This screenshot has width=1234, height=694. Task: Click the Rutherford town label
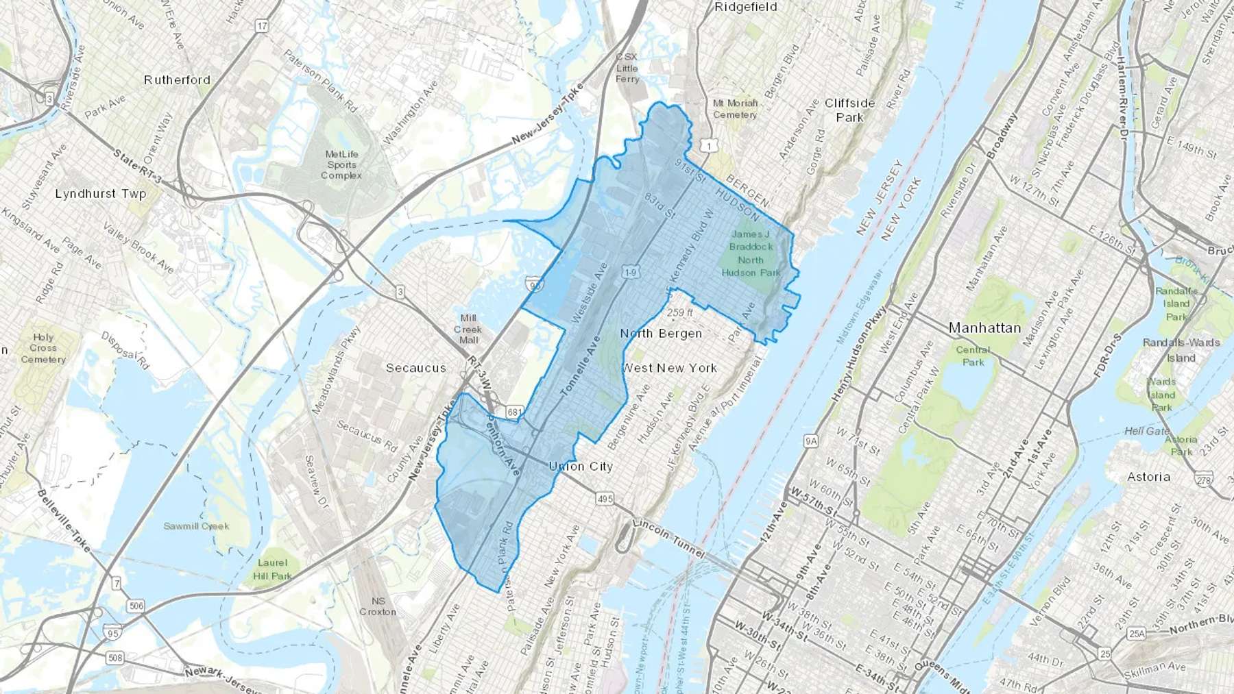click(x=177, y=80)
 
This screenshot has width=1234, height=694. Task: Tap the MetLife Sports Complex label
click(x=341, y=165)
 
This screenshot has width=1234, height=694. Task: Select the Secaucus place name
click(x=415, y=368)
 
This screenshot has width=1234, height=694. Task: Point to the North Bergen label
click(x=661, y=334)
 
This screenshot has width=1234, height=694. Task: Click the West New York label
click(x=670, y=368)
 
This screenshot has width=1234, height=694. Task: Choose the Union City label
click(x=581, y=467)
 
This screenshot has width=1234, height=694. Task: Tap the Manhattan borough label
click(x=984, y=328)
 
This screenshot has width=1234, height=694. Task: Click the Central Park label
click(x=973, y=356)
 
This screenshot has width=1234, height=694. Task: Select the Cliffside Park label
click(x=849, y=110)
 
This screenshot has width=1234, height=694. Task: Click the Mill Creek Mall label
click(x=468, y=329)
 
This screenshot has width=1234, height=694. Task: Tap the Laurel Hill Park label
click(x=272, y=569)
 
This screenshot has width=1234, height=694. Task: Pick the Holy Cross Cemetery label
click(x=43, y=348)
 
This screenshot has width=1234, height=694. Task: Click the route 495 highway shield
click(x=605, y=499)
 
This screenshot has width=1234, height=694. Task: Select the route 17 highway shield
click(x=261, y=26)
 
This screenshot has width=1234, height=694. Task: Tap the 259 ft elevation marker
click(x=679, y=312)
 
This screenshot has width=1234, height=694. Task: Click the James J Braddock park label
click(x=751, y=253)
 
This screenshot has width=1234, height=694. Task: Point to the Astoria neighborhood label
click(x=1148, y=477)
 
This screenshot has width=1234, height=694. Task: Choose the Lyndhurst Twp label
click(x=101, y=194)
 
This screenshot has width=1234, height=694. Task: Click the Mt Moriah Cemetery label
click(x=735, y=109)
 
